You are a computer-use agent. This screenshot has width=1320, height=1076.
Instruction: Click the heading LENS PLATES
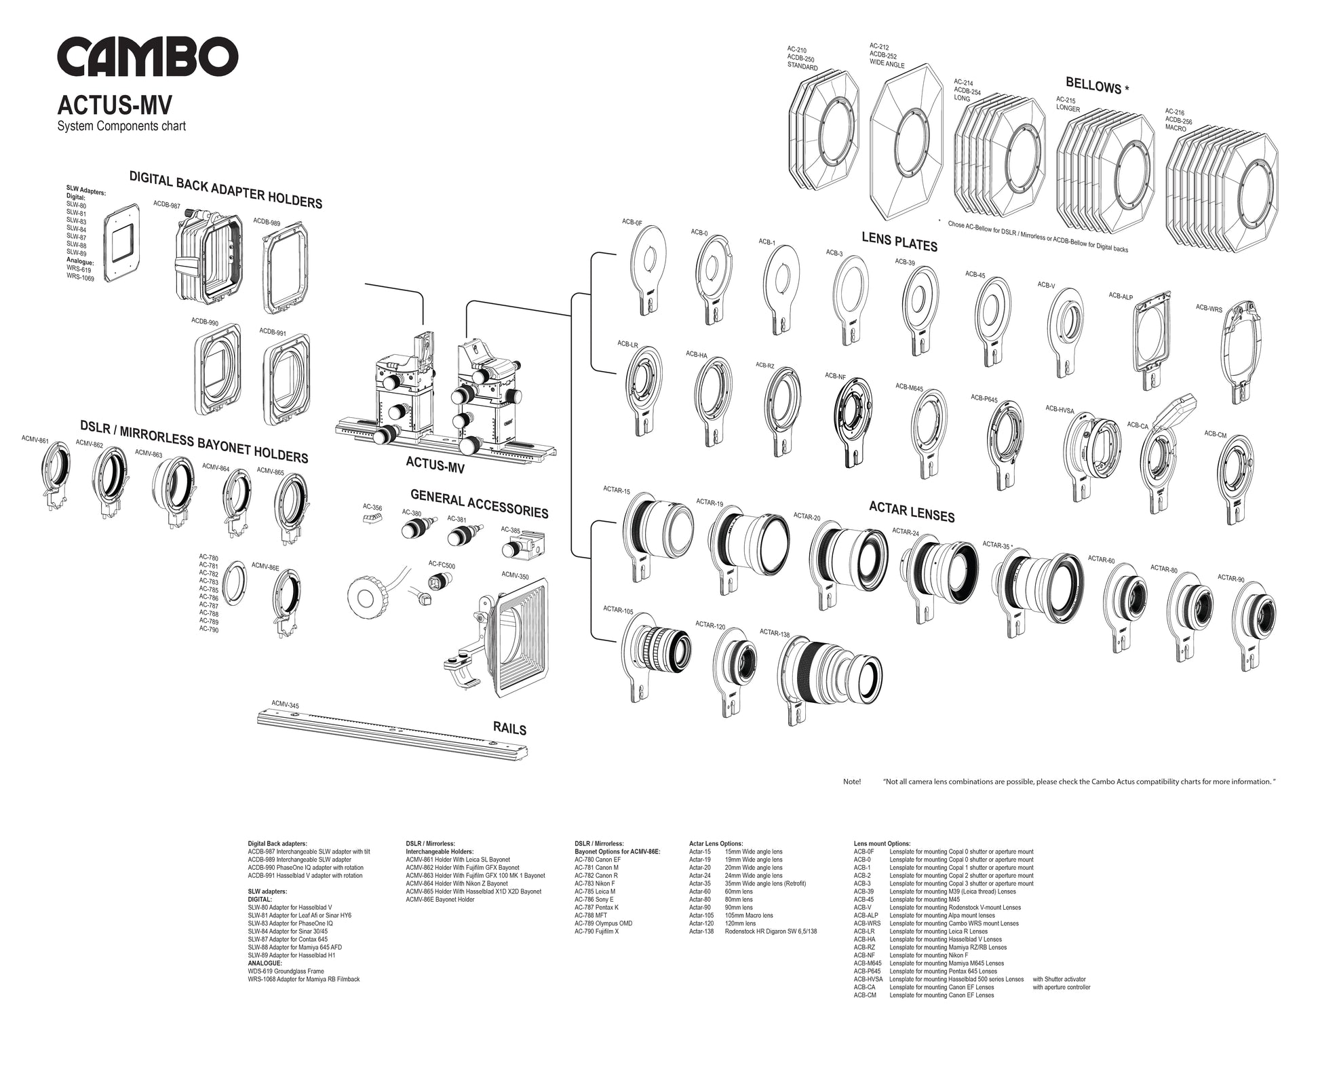click(x=899, y=242)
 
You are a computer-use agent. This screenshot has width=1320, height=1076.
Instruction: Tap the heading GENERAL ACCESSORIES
click(x=479, y=503)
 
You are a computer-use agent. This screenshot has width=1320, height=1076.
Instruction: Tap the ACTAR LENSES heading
click(x=912, y=512)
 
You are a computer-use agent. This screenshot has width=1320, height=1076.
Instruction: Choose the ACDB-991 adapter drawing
click(x=287, y=376)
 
